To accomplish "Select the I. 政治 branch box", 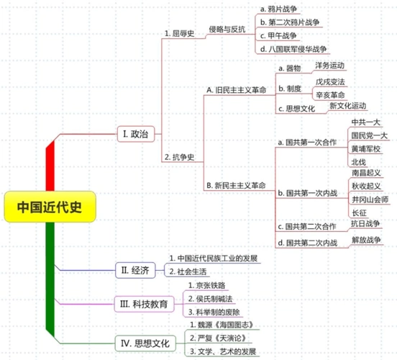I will (x=134, y=133).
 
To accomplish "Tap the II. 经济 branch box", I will (x=134, y=270).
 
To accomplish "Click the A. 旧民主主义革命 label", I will (x=235, y=90).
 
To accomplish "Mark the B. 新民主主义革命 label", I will (x=235, y=185).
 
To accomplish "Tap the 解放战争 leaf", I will (x=367, y=240).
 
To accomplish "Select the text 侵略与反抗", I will (x=228, y=30).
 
